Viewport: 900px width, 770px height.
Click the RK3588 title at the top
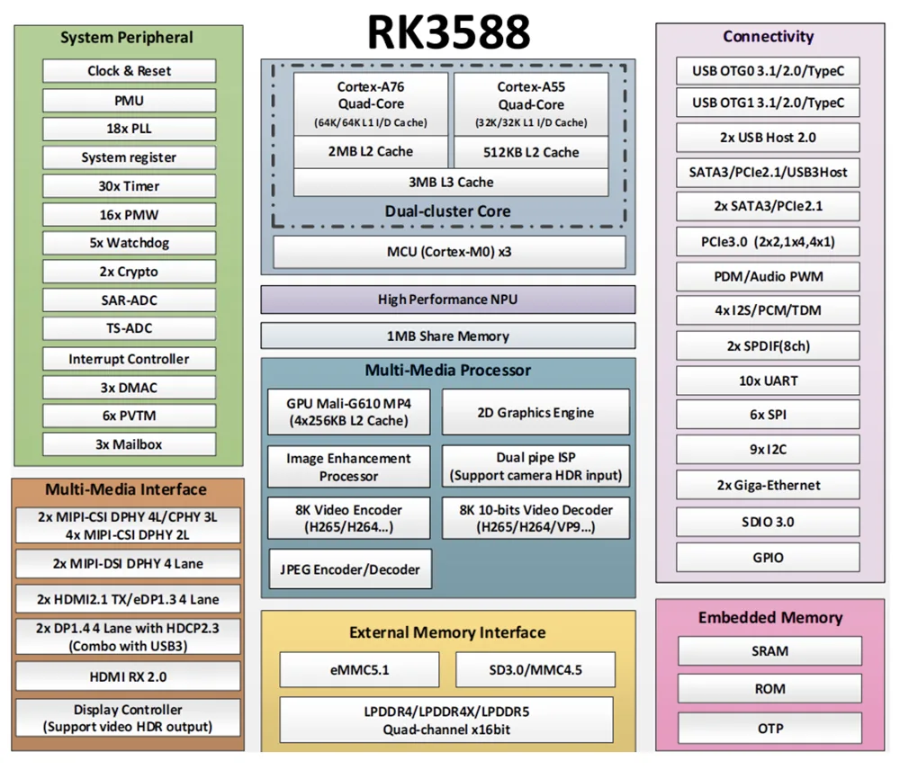[x=447, y=31]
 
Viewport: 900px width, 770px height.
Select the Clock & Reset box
[x=129, y=71]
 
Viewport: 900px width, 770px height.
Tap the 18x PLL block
[x=129, y=129]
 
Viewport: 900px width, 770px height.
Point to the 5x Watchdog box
[x=129, y=243]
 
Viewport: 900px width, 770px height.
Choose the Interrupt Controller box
[x=129, y=359]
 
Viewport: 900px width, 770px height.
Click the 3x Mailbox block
[x=129, y=444]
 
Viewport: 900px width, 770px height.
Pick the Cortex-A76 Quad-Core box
[x=370, y=103]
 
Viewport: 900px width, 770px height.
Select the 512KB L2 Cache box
[x=530, y=152]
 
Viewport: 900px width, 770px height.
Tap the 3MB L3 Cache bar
[x=450, y=182]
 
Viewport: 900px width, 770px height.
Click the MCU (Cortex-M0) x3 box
[x=448, y=252]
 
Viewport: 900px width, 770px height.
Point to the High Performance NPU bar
[x=447, y=300]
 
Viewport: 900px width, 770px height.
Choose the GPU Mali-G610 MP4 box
[x=348, y=412]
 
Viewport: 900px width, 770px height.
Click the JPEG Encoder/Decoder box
[x=348, y=569]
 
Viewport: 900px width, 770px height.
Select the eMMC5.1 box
[x=358, y=669]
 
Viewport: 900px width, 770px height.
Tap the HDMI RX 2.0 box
[x=128, y=676]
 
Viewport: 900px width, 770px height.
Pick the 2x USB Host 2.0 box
[x=768, y=138]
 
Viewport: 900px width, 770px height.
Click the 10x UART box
[x=768, y=381]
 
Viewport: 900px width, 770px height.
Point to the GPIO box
[x=768, y=558]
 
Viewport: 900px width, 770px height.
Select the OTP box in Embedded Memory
[x=769, y=727]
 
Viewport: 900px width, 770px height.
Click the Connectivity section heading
[x=768, y=37]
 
